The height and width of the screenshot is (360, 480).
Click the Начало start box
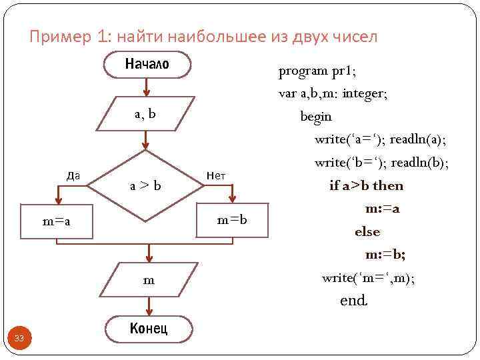[x=148, y=64]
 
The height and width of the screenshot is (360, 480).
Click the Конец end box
[x=148, y=329]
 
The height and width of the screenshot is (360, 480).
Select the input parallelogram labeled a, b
[x=145, y=114]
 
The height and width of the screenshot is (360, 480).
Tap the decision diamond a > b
[x=145, y=185]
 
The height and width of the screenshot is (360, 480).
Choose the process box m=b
[x=232, y=220]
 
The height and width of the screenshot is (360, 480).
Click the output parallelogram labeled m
[x=149, y=281]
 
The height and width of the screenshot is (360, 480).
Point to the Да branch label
[x=74, y=175]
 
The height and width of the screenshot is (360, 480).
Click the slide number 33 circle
[x=19, y=339]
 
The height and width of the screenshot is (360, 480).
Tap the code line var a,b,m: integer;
[x=333, y=93]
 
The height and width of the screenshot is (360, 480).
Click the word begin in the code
[x=316, y=117]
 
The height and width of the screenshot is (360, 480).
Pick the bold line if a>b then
[x=366, y=185]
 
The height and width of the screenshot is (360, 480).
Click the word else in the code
[x=367, y=232]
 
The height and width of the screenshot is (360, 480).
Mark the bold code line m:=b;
[x=385, y=255]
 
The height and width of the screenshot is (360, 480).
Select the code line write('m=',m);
[x=368, y=277]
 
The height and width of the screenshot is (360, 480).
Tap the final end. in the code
[x=353, y=301]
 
